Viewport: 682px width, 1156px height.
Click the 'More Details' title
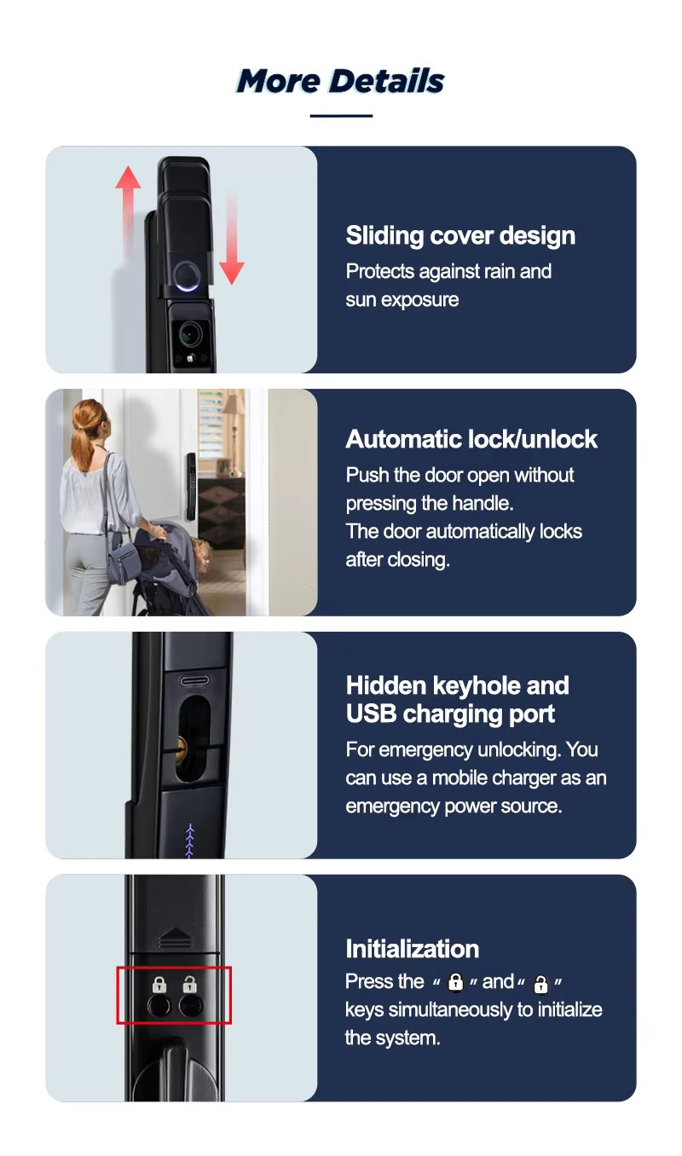point(340,81)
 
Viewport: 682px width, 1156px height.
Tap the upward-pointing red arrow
point(128,211)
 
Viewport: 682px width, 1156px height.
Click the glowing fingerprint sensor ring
point(186,275)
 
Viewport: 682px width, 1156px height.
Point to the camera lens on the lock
point(189,335)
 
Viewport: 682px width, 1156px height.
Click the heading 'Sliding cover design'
point(460,236)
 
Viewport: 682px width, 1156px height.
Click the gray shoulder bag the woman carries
point(122,558)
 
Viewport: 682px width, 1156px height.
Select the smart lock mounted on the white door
point(191,486)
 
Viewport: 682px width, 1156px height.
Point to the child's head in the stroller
point(202,552)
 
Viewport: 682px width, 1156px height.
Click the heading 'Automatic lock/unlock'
point(471,439)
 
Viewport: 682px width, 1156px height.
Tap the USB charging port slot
point(194,681)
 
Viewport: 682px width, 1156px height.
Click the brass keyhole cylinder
point(179,747)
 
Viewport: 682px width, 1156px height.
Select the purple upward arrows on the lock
point(189,841)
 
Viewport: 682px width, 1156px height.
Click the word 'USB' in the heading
point(371,714)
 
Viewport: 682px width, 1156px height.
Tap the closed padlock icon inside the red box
point(159,985)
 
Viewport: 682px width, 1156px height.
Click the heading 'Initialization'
point(413,949)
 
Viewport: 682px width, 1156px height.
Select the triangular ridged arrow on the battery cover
point(176,939)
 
